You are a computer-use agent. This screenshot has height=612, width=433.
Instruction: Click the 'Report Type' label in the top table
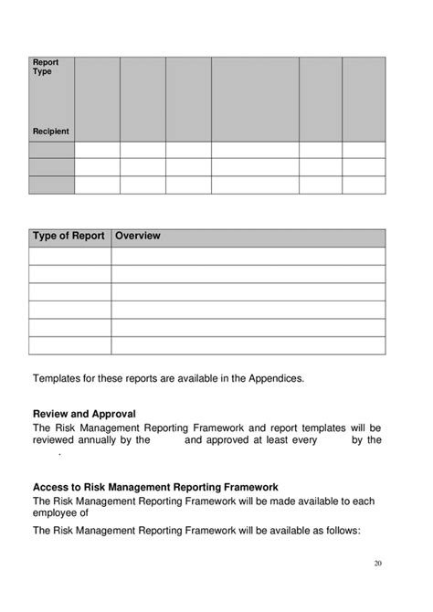[x=46, y=67]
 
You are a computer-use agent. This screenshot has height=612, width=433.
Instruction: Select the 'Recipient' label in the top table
[x=51, y=132]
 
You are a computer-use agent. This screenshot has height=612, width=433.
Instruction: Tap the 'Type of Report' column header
[x=69, y=236]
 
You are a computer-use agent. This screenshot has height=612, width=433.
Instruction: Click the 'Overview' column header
[x=138, y=236]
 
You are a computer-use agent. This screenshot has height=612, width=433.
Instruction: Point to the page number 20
[x=376, y=563]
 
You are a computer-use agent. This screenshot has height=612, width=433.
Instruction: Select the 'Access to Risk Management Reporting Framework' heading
[x=155, y=487]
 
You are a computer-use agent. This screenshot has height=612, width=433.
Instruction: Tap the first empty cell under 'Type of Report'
[x=70, y=256]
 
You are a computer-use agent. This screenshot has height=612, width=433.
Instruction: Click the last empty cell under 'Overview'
[x=248, y=345]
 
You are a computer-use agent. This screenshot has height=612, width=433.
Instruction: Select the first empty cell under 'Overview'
[x=248, y=256]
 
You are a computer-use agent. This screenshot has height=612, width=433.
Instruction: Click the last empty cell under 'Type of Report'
[x=70, y=345]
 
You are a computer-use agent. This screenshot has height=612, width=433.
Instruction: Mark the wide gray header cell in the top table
[x=255, y=99]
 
